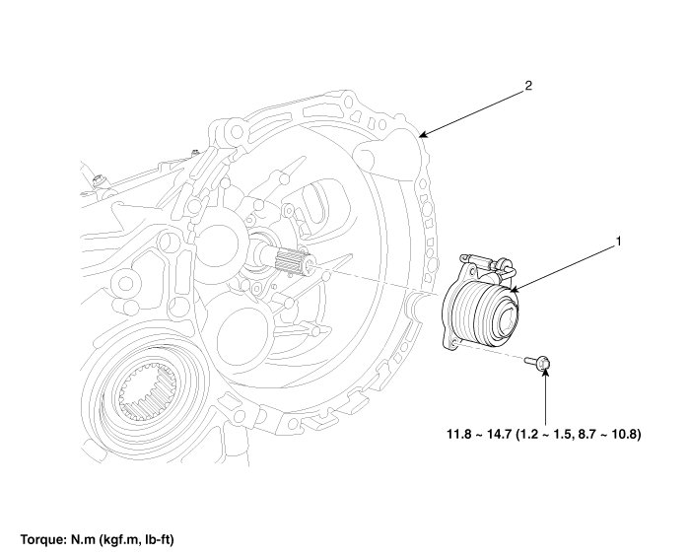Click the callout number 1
[x=618, y=240]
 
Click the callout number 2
[x=528, y=86]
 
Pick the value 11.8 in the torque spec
[x=459, y=434]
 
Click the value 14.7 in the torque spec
[x=503, y=434]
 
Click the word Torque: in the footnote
[x=43, y=540]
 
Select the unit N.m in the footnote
[x=83, y=540]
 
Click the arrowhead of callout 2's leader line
[x=421, y=133]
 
